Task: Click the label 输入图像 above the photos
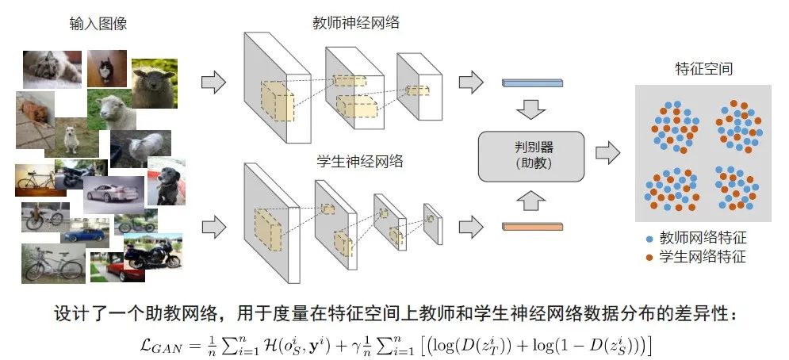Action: coord(98,24)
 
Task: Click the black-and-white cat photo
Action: coord(106,68)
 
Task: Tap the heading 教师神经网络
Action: coord(355,23)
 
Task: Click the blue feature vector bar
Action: coord(531,82)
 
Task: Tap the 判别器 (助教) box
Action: coord(530,155)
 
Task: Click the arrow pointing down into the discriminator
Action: coord(531,109)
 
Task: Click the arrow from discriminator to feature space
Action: coord(607,151)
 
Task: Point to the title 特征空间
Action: coord(697,69)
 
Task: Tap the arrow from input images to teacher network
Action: coord(213,81)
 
